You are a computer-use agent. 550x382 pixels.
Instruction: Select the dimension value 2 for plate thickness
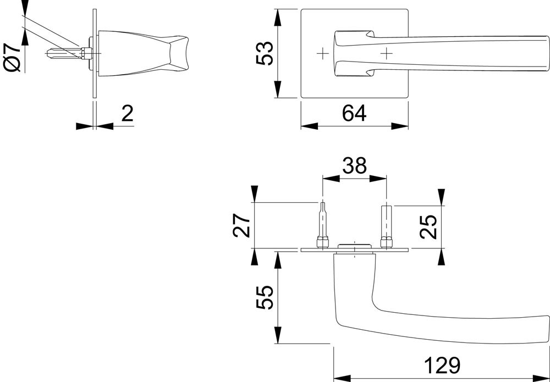click(x=127, y=114)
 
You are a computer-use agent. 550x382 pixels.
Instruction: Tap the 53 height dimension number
click(x=265, y=53)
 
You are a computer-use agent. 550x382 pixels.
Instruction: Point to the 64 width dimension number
click(x=354, y=113)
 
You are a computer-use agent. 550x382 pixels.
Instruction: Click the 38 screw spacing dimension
click(x=354, y=165)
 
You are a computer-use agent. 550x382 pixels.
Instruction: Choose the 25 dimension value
click(x=428, y=226)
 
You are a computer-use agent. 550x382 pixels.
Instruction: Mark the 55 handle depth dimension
click(x=265, y=297)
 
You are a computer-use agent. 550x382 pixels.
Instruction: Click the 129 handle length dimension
click(x=441, y=366)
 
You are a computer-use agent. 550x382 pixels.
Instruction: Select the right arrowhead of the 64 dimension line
click(x=402, y=126)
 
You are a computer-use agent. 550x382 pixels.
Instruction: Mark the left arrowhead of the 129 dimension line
click(x=341, y=378)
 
